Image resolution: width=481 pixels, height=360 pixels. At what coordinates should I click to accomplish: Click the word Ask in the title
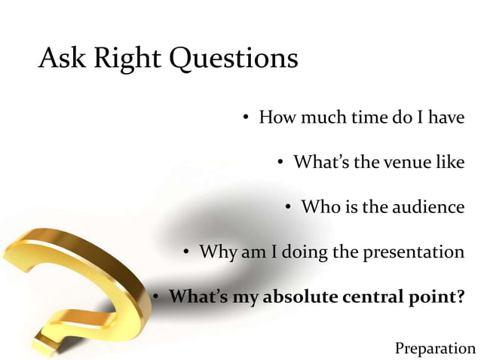[63, 58]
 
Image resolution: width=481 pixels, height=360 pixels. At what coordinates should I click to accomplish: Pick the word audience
[427, 206]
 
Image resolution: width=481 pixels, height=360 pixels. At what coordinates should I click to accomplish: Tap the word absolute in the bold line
[300, 296]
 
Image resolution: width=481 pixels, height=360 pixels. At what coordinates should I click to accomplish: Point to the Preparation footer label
[435, 348]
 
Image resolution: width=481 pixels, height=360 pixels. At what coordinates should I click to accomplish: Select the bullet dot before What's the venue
[280, 163]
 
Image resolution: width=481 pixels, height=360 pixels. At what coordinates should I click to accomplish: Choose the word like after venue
[450, 162]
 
